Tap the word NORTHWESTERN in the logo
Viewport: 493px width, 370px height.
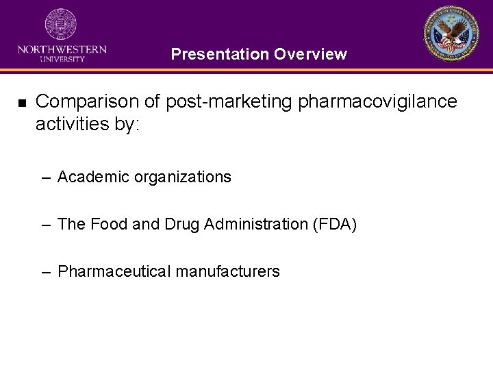coord(62,49)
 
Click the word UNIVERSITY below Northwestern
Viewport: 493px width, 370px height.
coord(62,59)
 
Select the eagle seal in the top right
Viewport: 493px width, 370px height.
coord(452,34)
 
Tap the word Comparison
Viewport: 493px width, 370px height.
coord(82,102)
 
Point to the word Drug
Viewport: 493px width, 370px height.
coord(181,224)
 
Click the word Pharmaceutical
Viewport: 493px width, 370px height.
coord(114,271)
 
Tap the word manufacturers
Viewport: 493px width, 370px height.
coord(227,271)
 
